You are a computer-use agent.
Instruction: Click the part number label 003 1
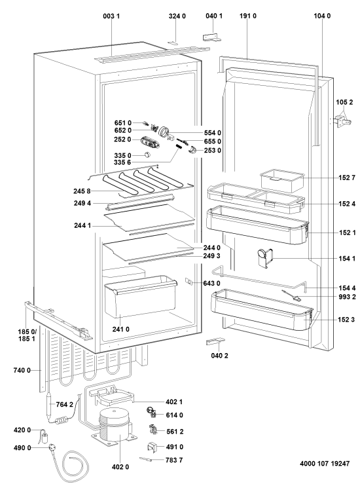coord(111,16)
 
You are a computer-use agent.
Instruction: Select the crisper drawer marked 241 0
coord(140,296)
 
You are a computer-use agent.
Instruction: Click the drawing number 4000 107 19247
coord(325,464)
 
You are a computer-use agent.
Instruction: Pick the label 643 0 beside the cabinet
coord(211,284)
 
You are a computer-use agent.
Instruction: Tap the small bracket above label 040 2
coord(215,341)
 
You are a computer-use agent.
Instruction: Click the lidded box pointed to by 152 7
coord(282,180)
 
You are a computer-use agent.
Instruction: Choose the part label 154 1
coord(347,259)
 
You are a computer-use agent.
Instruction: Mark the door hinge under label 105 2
coord(342,121)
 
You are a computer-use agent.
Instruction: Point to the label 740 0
coord(22,370)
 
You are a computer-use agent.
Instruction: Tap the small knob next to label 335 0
coord(147,155)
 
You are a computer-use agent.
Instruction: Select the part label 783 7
coord(174,460)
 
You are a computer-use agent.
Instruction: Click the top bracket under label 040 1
coord(213,37)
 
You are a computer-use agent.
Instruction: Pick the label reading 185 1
coord(27,339)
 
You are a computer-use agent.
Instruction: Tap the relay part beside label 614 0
coord(152,413)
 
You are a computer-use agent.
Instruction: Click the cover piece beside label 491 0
coord(152,446)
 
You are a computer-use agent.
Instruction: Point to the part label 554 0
coord(213,133)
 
